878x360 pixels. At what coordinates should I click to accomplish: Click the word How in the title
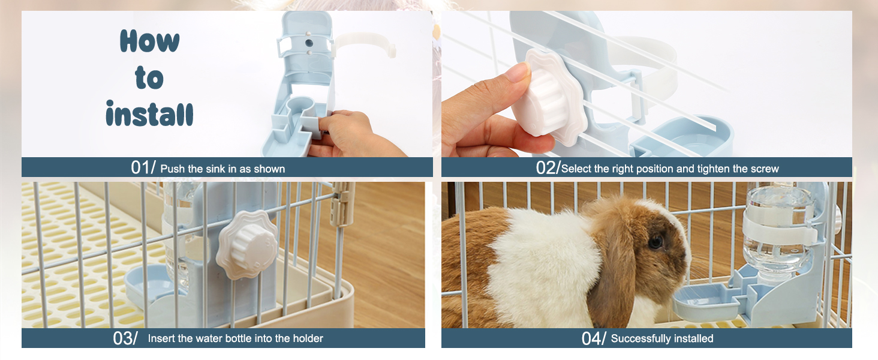click(150, 41)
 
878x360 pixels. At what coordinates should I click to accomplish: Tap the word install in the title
click(149, 114)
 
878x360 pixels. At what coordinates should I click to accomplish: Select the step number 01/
click(143, 168)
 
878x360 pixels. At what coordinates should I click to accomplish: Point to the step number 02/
click(548, 168)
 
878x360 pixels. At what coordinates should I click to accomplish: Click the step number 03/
click(125, 338)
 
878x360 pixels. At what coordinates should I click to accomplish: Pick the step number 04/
click(594, 338)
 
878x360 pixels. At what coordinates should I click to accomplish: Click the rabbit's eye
click(656, 242)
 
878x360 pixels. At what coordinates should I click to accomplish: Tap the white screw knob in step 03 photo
click(247, 245)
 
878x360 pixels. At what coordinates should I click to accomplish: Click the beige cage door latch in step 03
click(342, 204)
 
